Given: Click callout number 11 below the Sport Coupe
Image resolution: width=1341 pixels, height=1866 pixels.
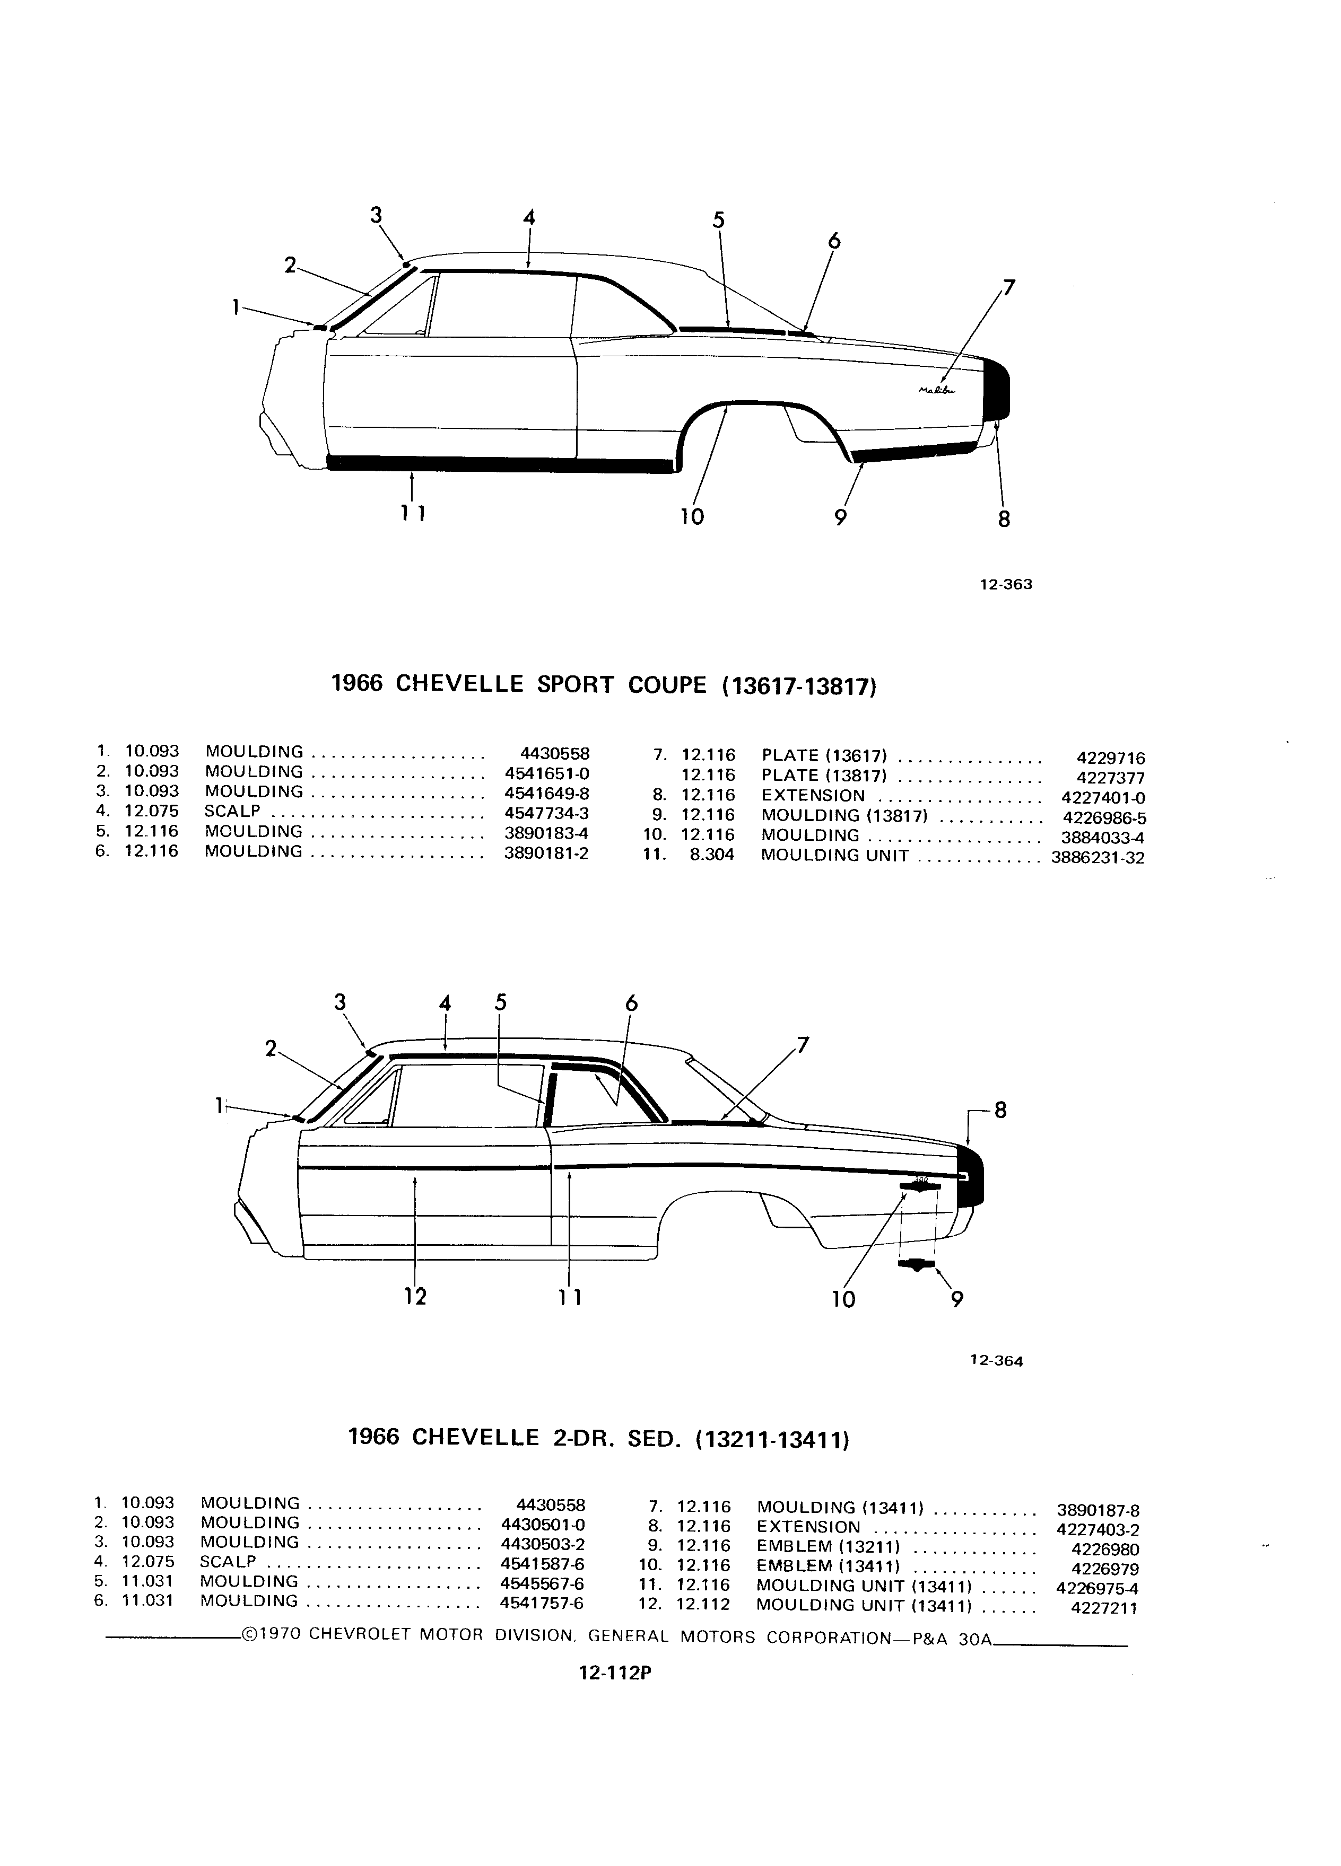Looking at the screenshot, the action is [412, 513].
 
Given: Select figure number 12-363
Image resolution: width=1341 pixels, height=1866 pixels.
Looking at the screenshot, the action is [1005, 585].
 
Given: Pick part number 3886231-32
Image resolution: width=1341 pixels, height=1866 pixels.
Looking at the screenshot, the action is [1098, 857].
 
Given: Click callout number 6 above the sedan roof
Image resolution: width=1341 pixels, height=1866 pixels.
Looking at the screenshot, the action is [631, 1004].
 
